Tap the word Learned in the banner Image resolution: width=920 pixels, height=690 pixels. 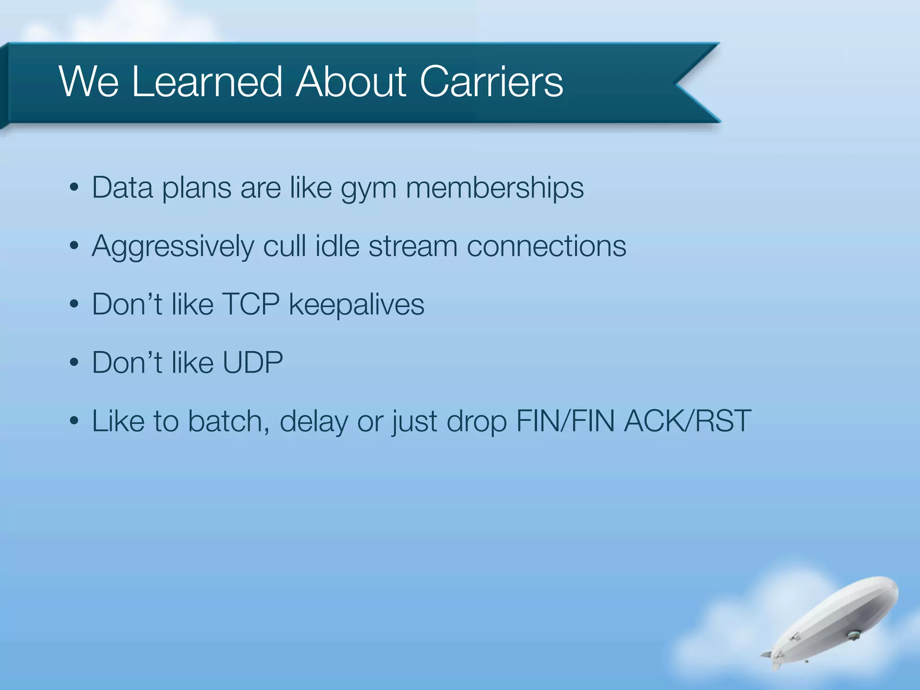click(207, 82)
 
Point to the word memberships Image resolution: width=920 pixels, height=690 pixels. click(495, 188)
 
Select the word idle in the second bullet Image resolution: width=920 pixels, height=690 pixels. click(337, 246)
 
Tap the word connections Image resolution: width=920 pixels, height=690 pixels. click(546, 246)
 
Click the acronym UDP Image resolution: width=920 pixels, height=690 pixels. click(252, 363)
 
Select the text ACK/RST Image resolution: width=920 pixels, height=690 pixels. click(688, 421)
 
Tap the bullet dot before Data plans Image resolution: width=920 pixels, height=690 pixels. click(75, 188)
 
